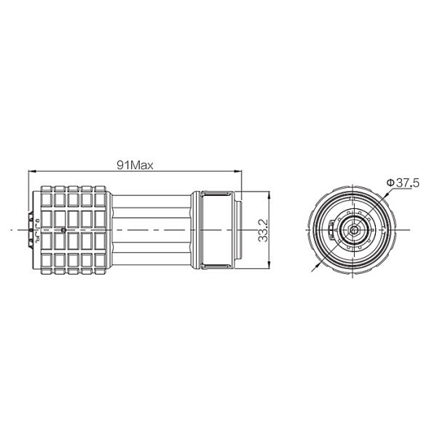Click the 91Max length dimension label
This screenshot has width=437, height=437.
coord(135,165)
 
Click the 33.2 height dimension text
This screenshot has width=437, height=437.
coord(263,230)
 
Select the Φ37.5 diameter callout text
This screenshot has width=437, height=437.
coord(403,183)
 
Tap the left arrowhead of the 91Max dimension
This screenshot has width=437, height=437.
coord(32,171)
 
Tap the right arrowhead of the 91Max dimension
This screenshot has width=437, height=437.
coord(238,171)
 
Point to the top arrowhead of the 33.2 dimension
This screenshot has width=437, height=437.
coord(269,194)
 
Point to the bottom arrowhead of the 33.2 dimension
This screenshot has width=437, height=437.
coord(269,265)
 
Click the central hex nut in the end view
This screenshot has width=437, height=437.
coord(354,230)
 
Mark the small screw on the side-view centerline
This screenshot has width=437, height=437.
coord(63,230)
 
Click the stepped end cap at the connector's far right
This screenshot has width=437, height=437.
coord(237,230)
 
